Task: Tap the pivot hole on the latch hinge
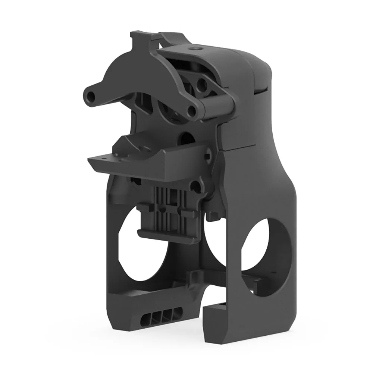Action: tap(192, 110)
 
